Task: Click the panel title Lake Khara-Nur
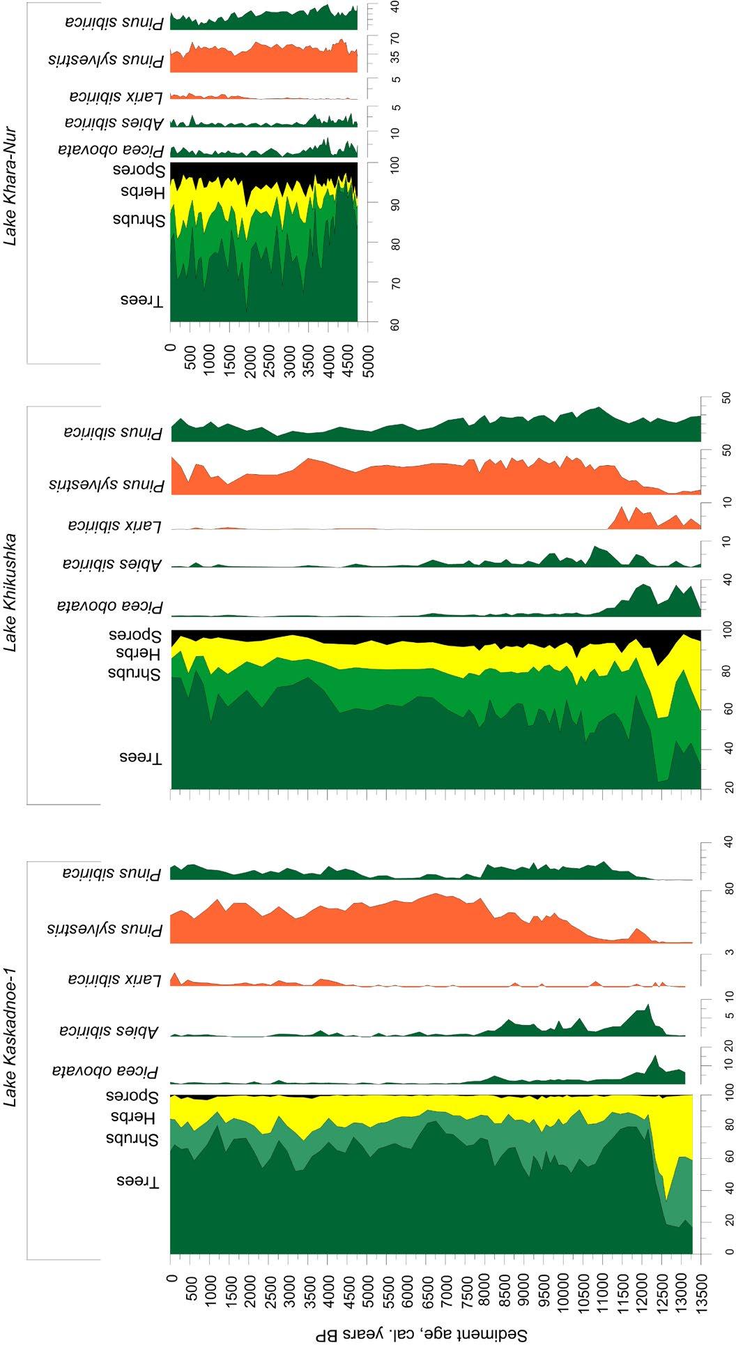10,182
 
